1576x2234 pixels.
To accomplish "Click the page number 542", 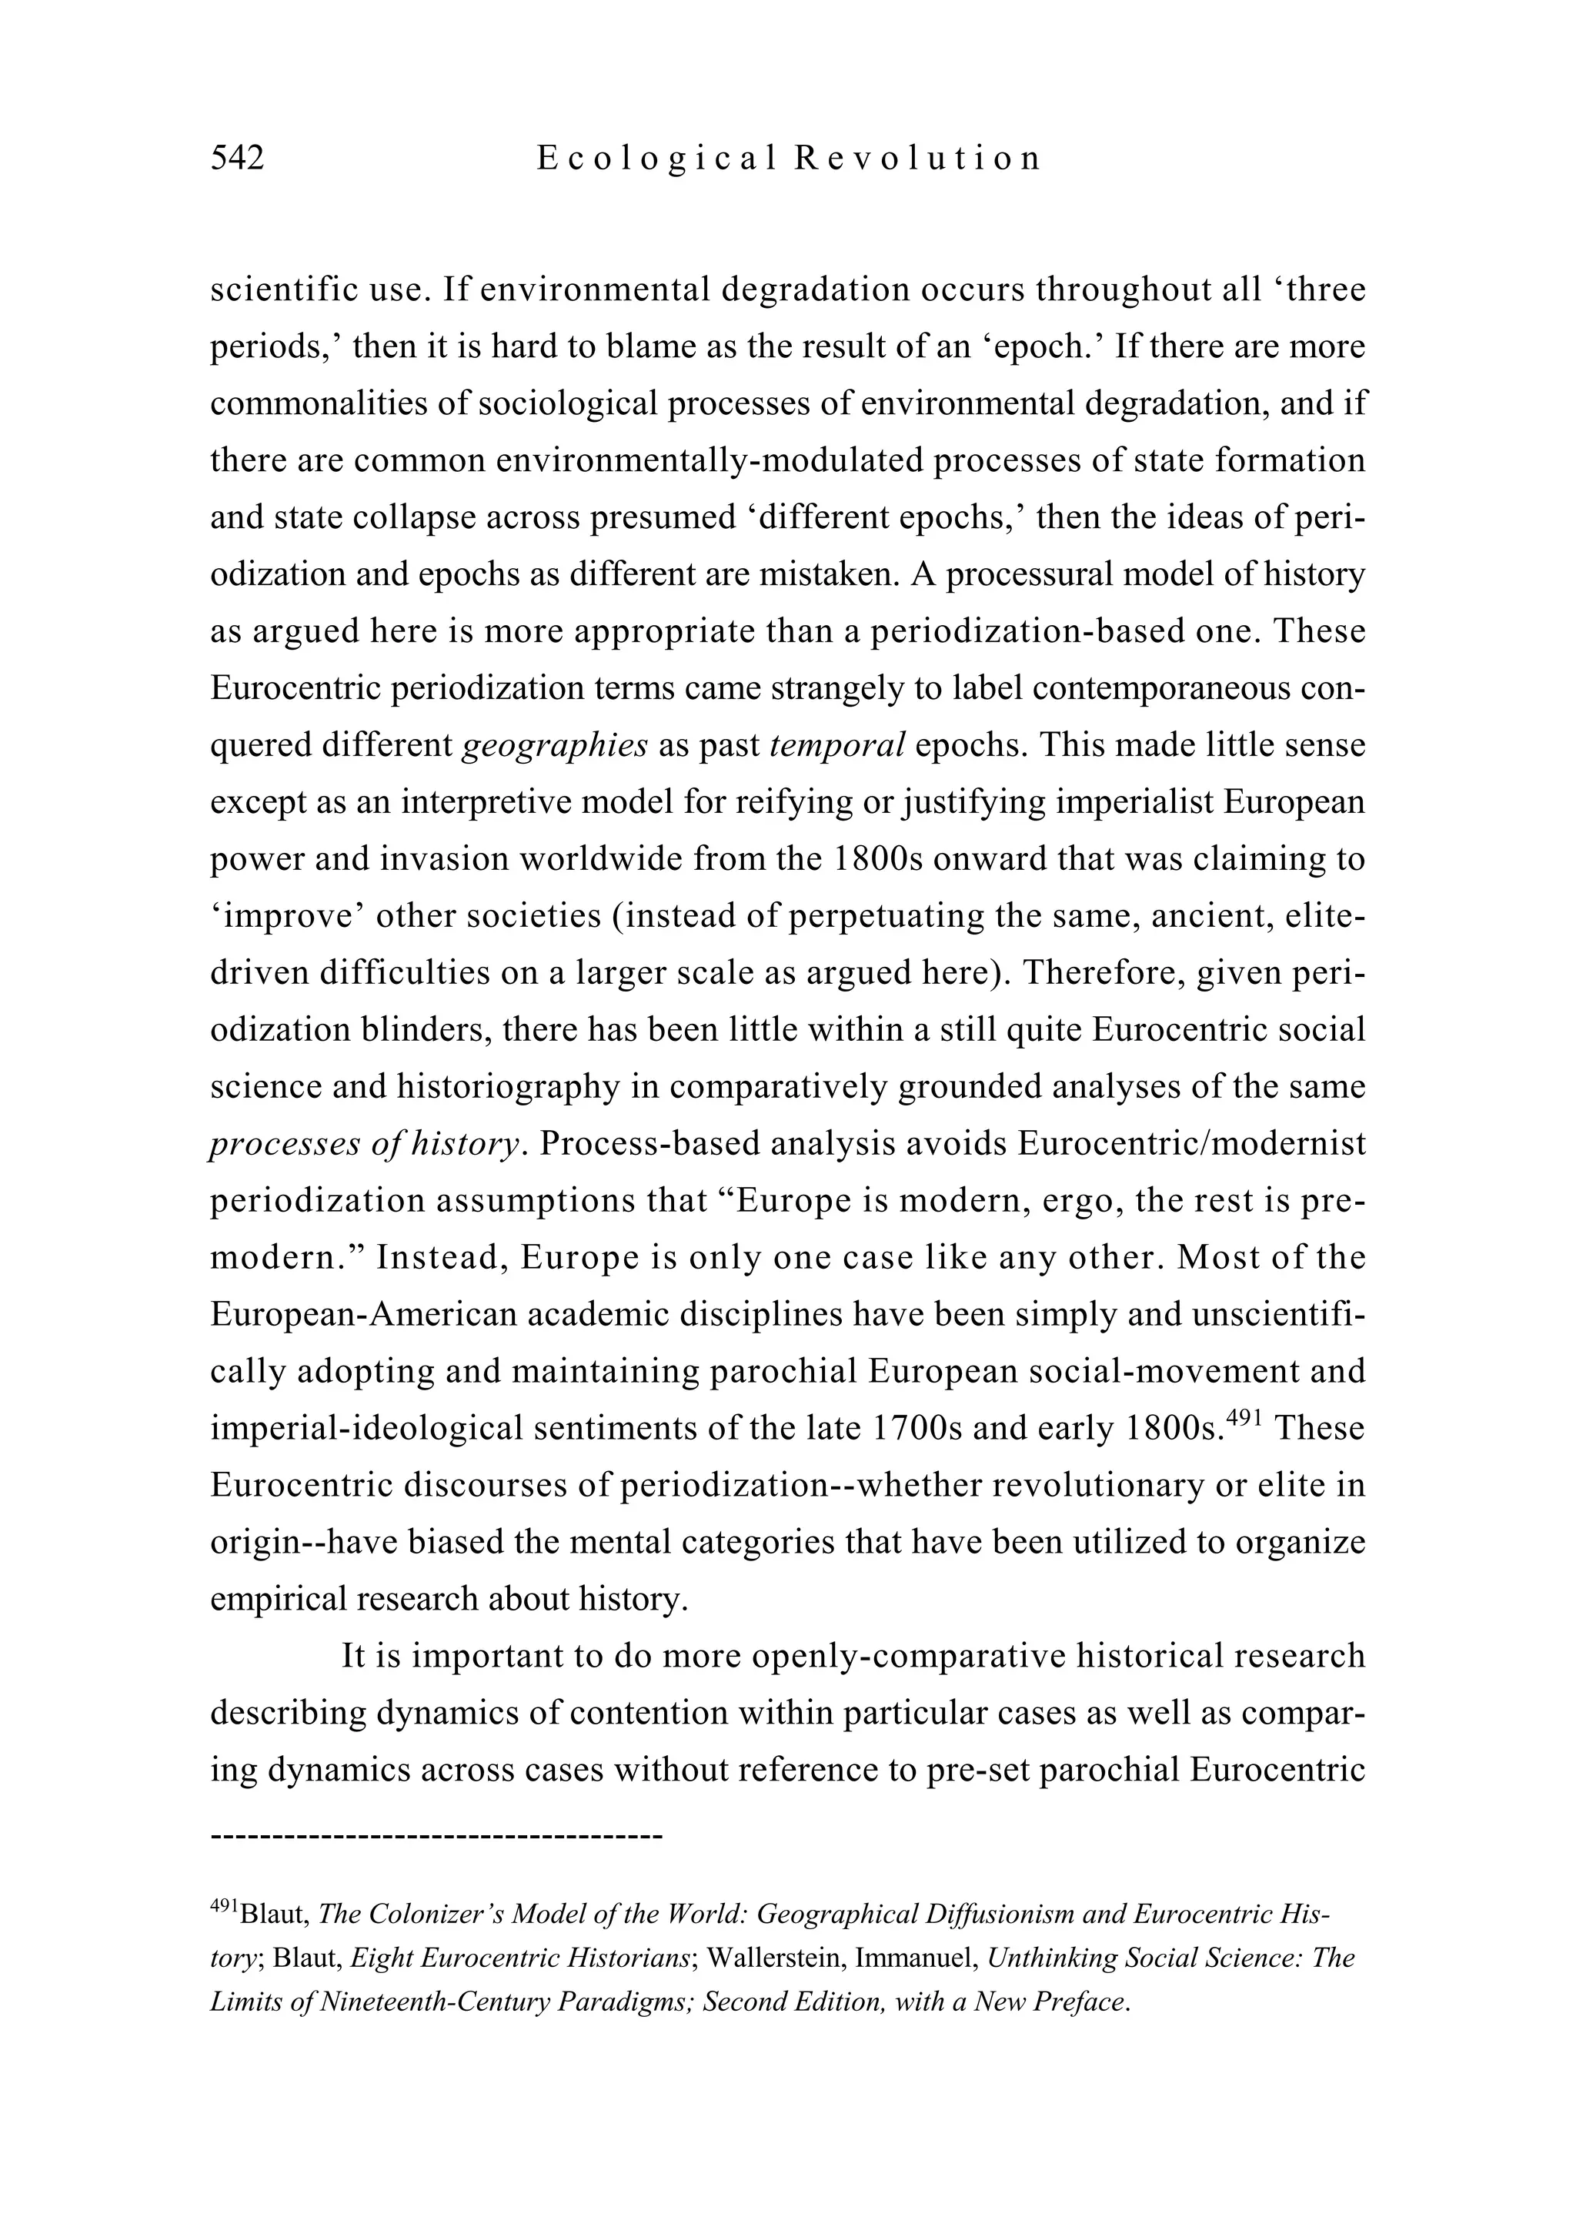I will (x=237, y=158).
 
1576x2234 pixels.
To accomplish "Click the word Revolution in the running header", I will (x=917, y=158).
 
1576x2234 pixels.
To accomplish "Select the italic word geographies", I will (x=555, y=745).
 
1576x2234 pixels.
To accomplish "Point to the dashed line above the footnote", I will (x=436, y=1837).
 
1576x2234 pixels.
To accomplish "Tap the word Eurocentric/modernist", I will (x=1192, y=1144).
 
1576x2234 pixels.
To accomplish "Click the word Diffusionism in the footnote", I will (x=986, y=1914).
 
